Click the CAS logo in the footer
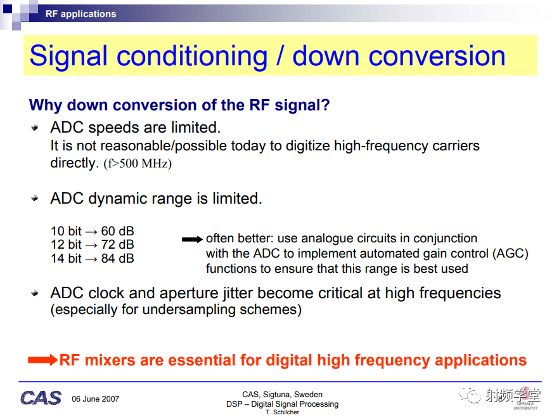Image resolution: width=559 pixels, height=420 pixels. point(41,398)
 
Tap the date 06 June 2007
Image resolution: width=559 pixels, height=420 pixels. point(95,399)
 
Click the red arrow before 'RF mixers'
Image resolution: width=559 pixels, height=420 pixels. point(43,360)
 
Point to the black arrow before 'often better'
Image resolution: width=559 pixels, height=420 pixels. point(192,239)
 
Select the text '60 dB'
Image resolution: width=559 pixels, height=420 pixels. point(117,231)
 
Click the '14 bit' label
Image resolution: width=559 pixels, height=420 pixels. point(66,258)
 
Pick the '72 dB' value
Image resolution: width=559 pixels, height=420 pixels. point(117,245)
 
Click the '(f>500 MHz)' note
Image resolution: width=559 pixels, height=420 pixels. point(138,164)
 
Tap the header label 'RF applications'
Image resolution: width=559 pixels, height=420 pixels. point(81,14)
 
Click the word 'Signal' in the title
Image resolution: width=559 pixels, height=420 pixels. point(68,56)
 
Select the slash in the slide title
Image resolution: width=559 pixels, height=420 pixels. point(280,56)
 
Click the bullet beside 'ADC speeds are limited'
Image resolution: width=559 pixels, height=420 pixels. point(35,128)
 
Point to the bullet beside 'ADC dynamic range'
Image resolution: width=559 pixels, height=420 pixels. point(35,198)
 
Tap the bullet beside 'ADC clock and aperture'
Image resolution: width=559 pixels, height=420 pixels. point(35,293)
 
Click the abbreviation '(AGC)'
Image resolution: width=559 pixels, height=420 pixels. point(510,254)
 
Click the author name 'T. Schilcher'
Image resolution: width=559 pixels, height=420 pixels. point(283,412)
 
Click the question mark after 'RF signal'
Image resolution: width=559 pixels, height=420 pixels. point(326,105)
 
